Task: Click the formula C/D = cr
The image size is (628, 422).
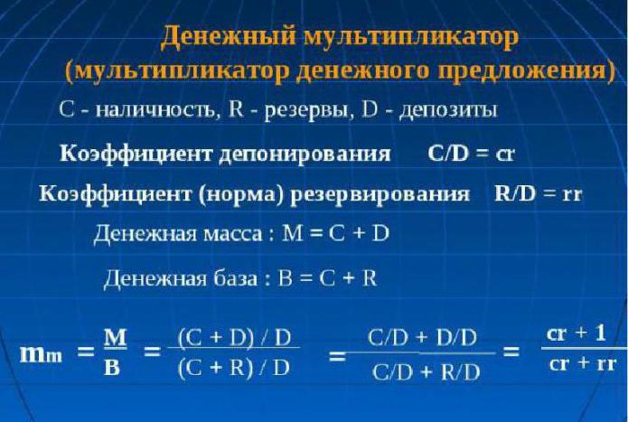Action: (470, 153)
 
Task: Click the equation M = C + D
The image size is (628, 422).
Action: (335, 234)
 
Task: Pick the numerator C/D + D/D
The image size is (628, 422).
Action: (422, 338)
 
